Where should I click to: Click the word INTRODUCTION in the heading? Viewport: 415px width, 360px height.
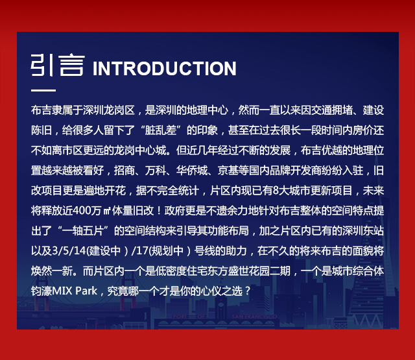(164, 69)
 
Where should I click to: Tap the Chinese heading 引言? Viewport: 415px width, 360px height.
(58, 65)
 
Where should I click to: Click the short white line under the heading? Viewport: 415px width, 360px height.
(43, 90)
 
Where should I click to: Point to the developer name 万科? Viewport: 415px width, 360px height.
(156, 171)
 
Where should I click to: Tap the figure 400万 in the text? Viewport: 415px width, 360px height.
(86, 211)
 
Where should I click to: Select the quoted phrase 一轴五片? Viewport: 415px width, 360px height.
(82, 231)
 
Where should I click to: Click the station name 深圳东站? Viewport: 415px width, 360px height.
(363, 231)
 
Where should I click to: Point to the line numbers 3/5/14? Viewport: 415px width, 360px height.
(69, 251)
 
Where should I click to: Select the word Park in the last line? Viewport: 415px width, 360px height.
(86, 291)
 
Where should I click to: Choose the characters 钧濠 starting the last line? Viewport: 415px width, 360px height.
(41, 291)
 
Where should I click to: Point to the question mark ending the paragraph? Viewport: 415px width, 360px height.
(248, 291)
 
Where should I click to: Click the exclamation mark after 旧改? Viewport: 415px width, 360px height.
(159, 211)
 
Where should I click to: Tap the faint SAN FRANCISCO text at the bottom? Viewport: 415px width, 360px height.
(254, 317)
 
